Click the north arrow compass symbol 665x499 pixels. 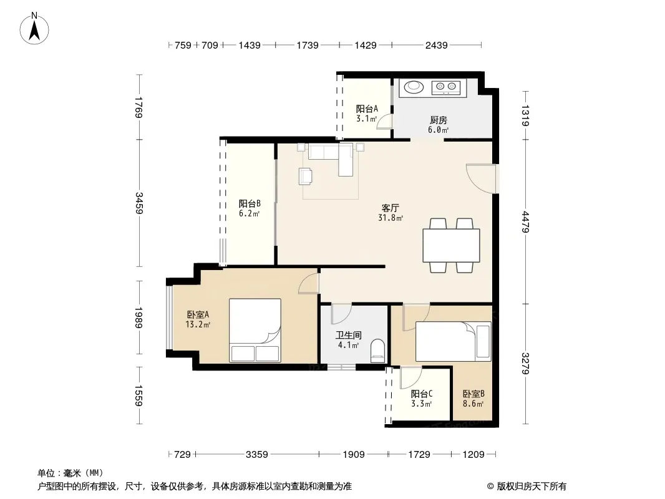(x=34, y=29)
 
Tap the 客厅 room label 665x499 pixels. (x=390, y=208)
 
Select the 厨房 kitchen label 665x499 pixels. (x=438, y=120)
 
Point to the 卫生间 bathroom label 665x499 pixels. (x=349, y=335)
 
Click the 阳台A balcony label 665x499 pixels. (x=367, y=109)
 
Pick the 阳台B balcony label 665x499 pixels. (x=250, y=203)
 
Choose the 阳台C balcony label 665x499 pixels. (x=422, y=394)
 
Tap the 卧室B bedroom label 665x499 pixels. (x=473, y=394)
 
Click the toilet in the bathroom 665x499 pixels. (x=377, y=351)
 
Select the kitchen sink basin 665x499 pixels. (x=414, y=87)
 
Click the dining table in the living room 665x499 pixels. (x=451, y=245)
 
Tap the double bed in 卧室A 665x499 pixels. (x=255, y=330)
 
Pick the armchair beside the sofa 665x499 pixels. (x=305, y=176)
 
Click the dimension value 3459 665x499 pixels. (x=138, y=203)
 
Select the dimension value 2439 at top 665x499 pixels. (x=437, y=45)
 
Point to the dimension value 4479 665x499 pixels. (x=525, y=221)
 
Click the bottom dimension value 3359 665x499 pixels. (x=257, y=455)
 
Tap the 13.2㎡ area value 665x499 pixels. (x=198, y=325)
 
